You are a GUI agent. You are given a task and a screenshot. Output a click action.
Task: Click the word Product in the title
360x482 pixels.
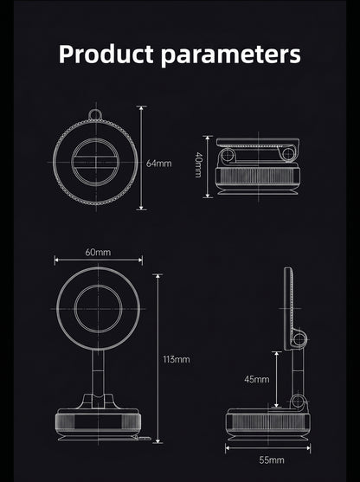[x=106, y=55]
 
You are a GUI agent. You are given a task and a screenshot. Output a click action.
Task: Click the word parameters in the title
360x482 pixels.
[x=231, y=55]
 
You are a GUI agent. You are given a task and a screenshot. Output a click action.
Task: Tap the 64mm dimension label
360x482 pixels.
[x=158, y=164]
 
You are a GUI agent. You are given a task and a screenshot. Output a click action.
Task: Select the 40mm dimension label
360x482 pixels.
[x=198, y=164]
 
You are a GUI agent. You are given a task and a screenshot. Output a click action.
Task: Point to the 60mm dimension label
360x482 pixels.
[x=98, y=252]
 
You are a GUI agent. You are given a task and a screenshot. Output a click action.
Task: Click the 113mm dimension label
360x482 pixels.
[x=177, y=359]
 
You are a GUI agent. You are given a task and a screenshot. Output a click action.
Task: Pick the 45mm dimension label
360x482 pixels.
[x=257, y=379]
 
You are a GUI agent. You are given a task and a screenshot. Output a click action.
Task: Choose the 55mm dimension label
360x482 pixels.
[x=272, y=460]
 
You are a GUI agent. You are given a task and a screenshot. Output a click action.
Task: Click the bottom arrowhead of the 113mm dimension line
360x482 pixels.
[x=157, y=440]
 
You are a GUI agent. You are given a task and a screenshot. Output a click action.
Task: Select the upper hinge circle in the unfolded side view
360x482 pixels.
[x=299, y=339]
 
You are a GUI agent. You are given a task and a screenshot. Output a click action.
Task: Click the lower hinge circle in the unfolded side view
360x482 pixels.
[x=298, y=401]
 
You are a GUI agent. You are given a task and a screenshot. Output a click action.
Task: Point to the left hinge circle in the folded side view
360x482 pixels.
[x=228, y=155]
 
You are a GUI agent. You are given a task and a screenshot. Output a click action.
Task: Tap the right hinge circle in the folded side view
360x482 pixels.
[x=288, y=154]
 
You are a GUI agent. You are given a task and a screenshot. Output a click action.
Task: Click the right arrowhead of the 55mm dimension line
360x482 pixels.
[x=307, y=447]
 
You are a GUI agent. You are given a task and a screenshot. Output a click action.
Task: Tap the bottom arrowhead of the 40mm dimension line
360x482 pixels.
[x=208, y=195]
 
